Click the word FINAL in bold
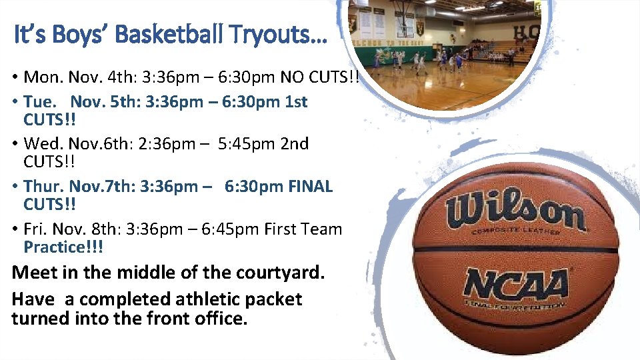coord(311,186)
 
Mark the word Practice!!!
coord(63,247)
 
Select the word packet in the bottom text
coord(273,299)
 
